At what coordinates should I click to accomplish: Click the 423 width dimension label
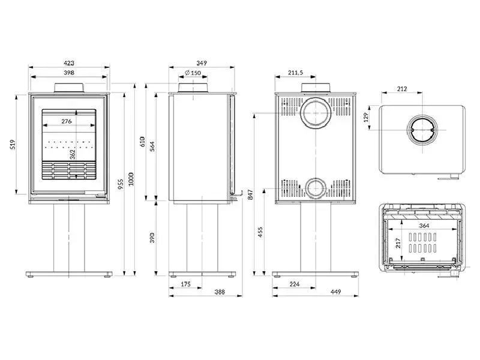[x=69, y=62]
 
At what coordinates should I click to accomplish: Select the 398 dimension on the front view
[x=69, y=72]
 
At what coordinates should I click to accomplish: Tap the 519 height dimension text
[x=13, y=145]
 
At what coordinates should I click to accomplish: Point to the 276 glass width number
[x=67, y=121]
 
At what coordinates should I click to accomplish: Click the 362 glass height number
[x=73, y=154]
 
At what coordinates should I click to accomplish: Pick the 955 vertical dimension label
[x=120, y=184]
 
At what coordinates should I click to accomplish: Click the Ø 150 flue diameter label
[x=193, y=73]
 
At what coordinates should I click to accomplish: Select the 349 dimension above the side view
[x=202, y=62]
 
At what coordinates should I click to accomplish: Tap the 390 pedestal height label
[x=152, y=238]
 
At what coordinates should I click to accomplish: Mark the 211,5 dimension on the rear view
[x=295, y=73]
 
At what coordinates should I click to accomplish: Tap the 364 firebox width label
[x=424, y=226]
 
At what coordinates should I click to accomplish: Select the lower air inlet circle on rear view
[x=314, y=188]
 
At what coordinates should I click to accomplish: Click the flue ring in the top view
[x=423, y=130]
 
